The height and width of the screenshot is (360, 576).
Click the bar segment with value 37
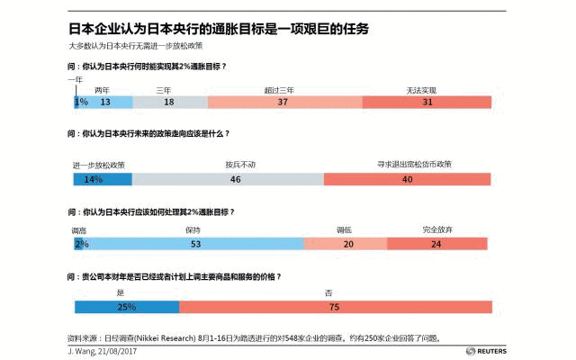pyautogui.click(x=283, y=103)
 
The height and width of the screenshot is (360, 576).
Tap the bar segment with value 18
pyautogui.click(x=168, y=103)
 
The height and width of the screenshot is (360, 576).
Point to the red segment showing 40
pyautogui.click(x=407, y=179)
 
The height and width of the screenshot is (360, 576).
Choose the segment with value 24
pyautogui.click(x=437, y=243)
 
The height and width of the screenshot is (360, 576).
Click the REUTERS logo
pyautogui.click(x=467, y=351)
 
